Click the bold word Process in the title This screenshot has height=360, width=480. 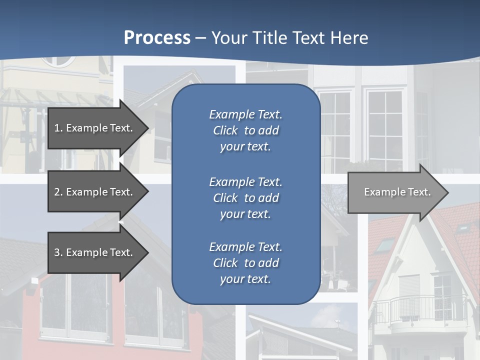pyautogui.click(x=157, y=38)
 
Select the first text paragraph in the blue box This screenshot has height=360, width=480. pyautogui.click(x=245, y=130)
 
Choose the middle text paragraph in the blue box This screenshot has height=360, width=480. pyautogui.click(x=245, y=198)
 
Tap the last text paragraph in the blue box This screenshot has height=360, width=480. pyautogui.click(x=245, y=263)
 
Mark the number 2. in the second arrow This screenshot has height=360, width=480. pyautogui.click(x=58, y=192)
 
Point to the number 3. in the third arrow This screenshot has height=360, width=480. pyautogui.click(x=58, y=252)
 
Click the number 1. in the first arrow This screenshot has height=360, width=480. pyautogui.click(x=58, y=128)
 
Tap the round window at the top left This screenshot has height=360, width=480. pyautogui.click(x=57, y=61)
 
